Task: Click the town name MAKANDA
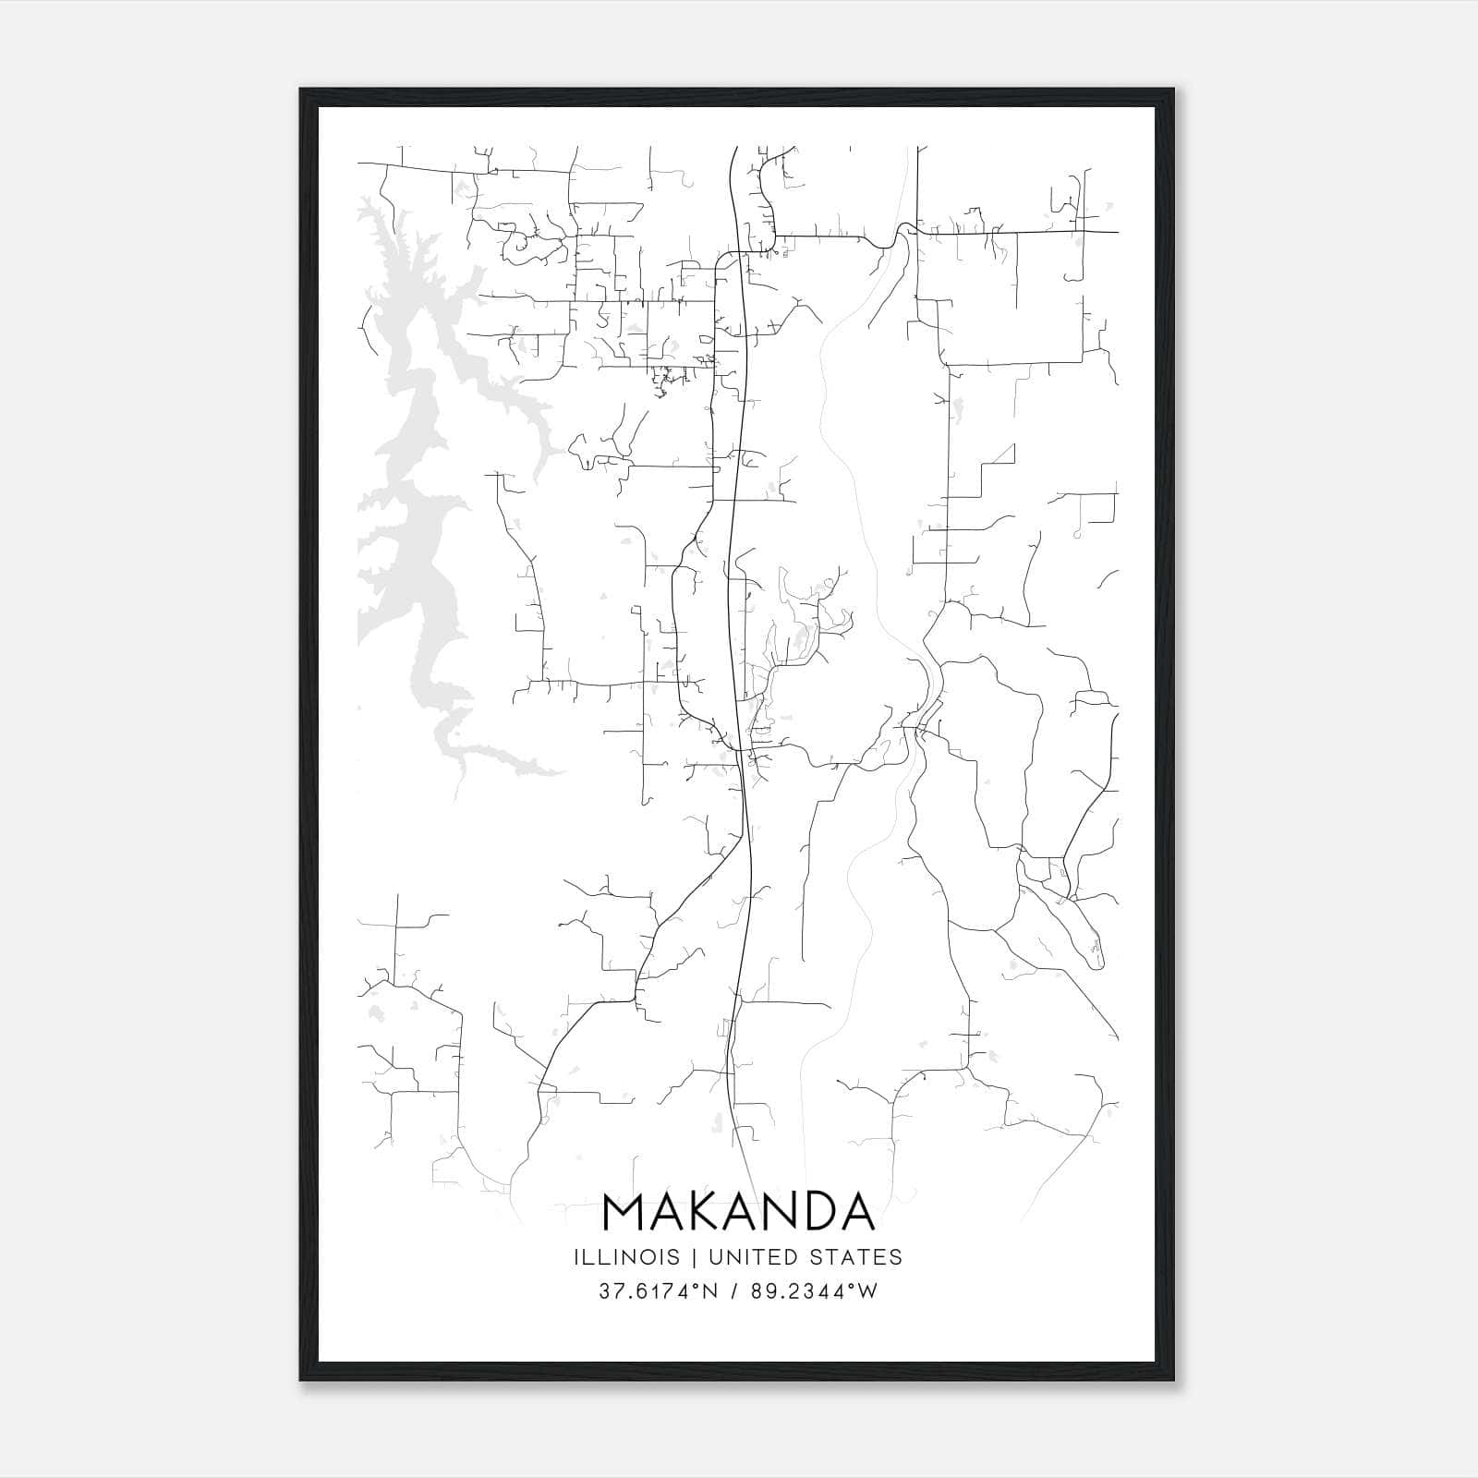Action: pyautogui.click(x=738, y=1212)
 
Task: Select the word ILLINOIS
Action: pyautogui.click(x=626, y=1257)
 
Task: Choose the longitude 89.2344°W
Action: pyautogui.click(x=812, y=1291)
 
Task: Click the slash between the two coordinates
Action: pyautogui.click(x=732, y=1291)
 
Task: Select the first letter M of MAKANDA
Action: pyautogui.click(x=623, y=1212)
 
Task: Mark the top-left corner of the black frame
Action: pyautogui.click(x=301, y=90)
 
